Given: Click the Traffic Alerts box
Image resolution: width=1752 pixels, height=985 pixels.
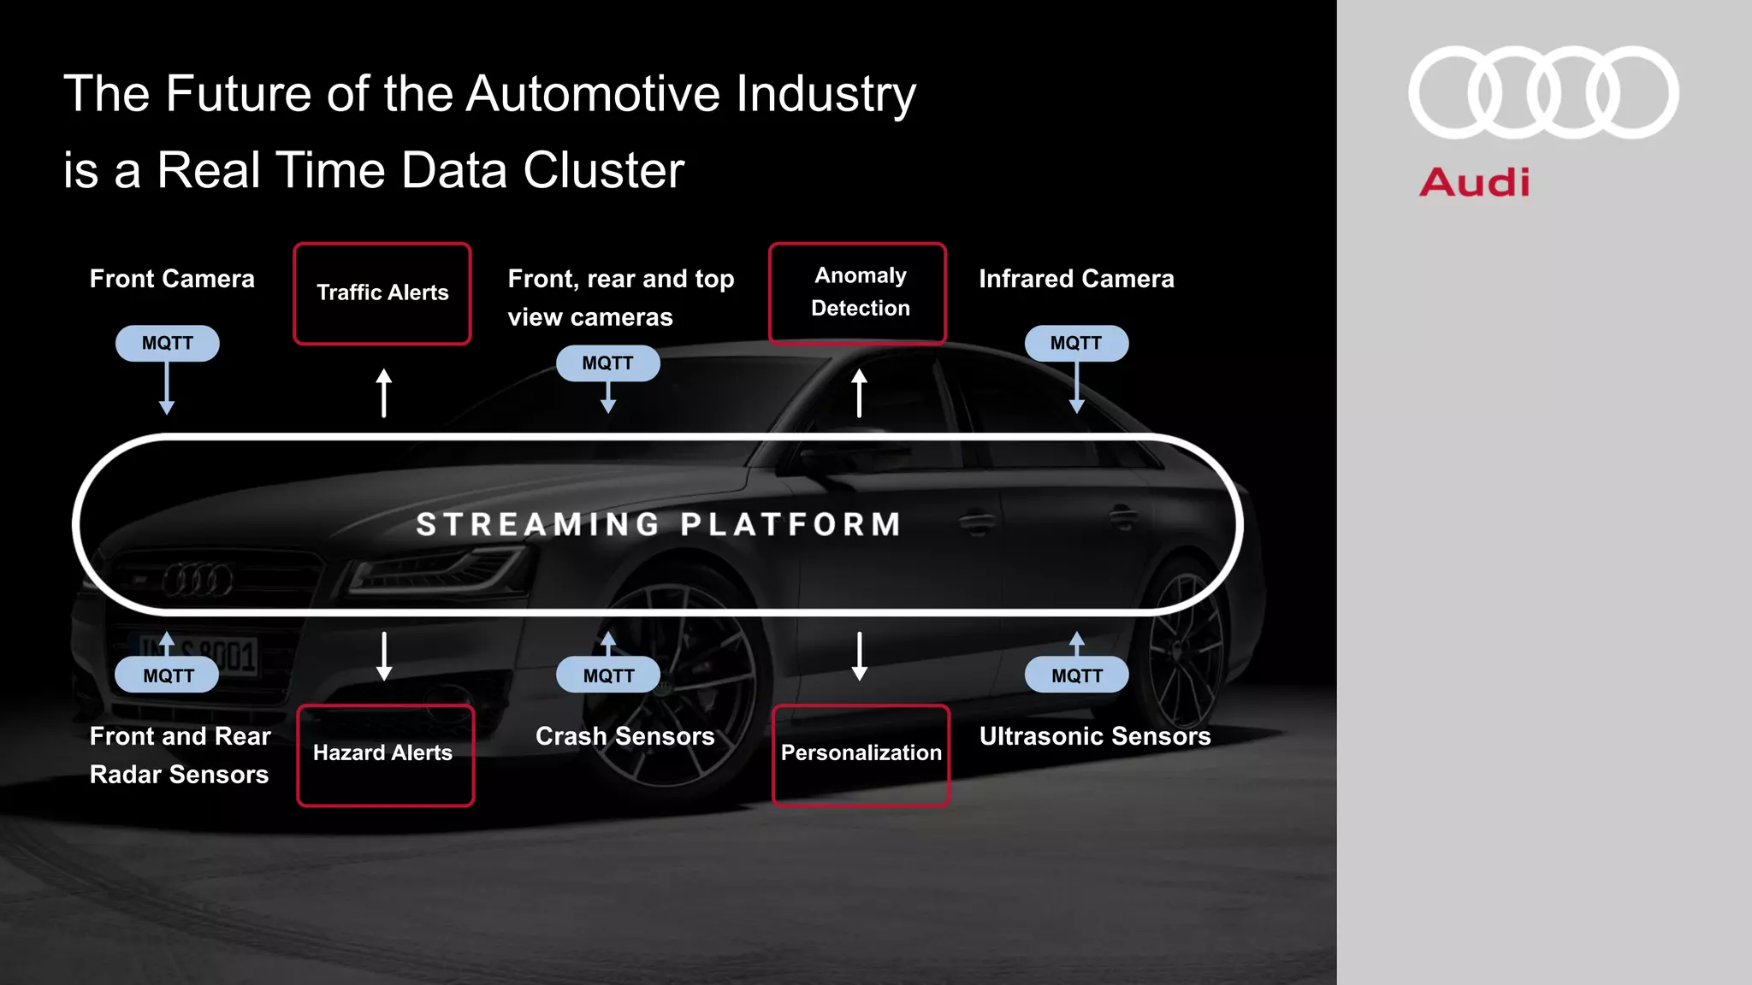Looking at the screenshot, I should click(x=382, y=293).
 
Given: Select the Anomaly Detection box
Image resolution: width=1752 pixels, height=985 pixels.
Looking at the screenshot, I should click(x=858, y=292).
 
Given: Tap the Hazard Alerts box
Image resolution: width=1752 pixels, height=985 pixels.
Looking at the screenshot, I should click(x=385, y=754).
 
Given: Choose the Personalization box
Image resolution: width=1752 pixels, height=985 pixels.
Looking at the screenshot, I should click(x=861, y=754).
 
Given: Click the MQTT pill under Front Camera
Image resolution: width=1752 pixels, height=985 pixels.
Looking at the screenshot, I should click(x=168, y=343).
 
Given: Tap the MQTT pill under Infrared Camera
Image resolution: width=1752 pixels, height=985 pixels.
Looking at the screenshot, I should click(x=1076, y=343).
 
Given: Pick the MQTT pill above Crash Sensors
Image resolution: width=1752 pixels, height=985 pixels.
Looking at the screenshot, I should click(x=608, y=675).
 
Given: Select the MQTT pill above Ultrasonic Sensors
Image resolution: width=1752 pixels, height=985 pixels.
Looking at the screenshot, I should click(x=1076, y=675).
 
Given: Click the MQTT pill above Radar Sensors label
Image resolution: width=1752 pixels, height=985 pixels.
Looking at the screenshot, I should click(x=168, y=675).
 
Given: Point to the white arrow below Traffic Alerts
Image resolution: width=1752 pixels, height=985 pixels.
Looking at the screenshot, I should click(x=384, y=393).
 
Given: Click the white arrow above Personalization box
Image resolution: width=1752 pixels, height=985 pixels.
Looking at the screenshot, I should click(x=860, y=656).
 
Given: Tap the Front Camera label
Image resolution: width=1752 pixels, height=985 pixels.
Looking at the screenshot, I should click(x=172, y=279).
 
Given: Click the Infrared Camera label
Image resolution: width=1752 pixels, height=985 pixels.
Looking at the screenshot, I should click(x=1076, y=279).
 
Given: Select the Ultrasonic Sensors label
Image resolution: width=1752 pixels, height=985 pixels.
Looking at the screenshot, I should click(x=1095, y=736).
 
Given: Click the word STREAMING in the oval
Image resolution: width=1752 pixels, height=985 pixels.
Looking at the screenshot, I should click(x=538, y=524).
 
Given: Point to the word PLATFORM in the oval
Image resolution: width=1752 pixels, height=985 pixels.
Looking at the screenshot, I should click(x=791, y=524).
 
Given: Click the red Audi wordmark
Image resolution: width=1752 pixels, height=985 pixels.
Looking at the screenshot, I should click(x=1475, y=183).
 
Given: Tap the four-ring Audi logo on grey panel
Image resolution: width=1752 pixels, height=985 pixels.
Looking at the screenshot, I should click(x=1543, y=92).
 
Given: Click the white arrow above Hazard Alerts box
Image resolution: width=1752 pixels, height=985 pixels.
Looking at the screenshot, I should click(x=384, y=656).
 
